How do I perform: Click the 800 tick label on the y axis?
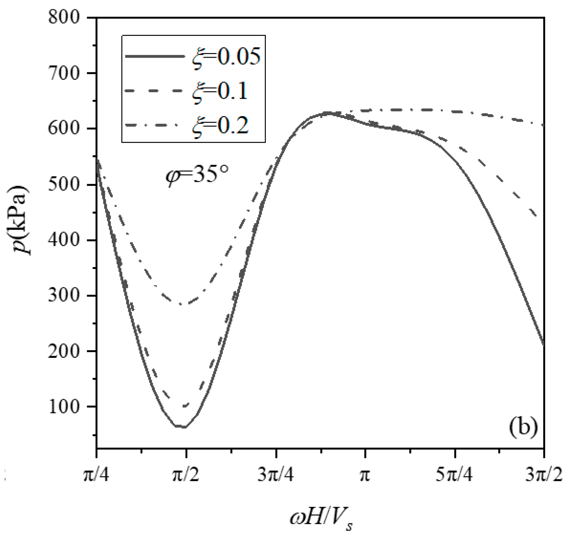tap(64, 17)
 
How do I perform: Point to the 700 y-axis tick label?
tap(64, 73)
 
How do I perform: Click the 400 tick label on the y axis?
tap(64, 240)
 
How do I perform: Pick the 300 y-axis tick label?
tap(64, 295)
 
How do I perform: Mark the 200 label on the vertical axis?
tap(64, 351)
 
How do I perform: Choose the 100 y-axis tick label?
tap(64, 407)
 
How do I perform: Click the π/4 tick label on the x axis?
tap(97, 475)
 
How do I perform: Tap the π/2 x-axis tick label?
tap(186, 475)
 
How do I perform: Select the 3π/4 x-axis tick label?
tap(276, 475)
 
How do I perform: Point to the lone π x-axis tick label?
tap(365, 475)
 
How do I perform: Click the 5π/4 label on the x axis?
tap(455, 475)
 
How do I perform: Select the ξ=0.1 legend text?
tap(220, 91)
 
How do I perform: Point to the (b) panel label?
tap(523, 428)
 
